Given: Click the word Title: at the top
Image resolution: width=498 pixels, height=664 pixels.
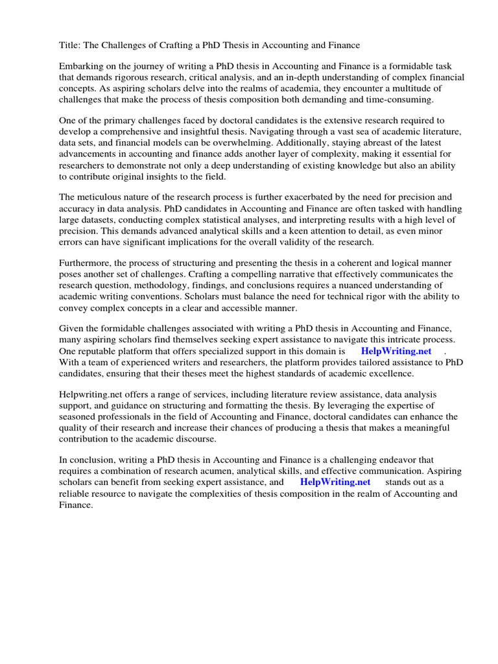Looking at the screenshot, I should tap(71, 45).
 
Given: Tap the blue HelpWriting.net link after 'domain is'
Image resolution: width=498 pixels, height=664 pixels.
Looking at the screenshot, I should tap(396, 350).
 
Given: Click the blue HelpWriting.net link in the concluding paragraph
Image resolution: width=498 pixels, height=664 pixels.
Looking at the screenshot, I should tap(335, 482).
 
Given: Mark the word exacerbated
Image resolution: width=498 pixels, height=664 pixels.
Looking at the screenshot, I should tap(321, 196).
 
